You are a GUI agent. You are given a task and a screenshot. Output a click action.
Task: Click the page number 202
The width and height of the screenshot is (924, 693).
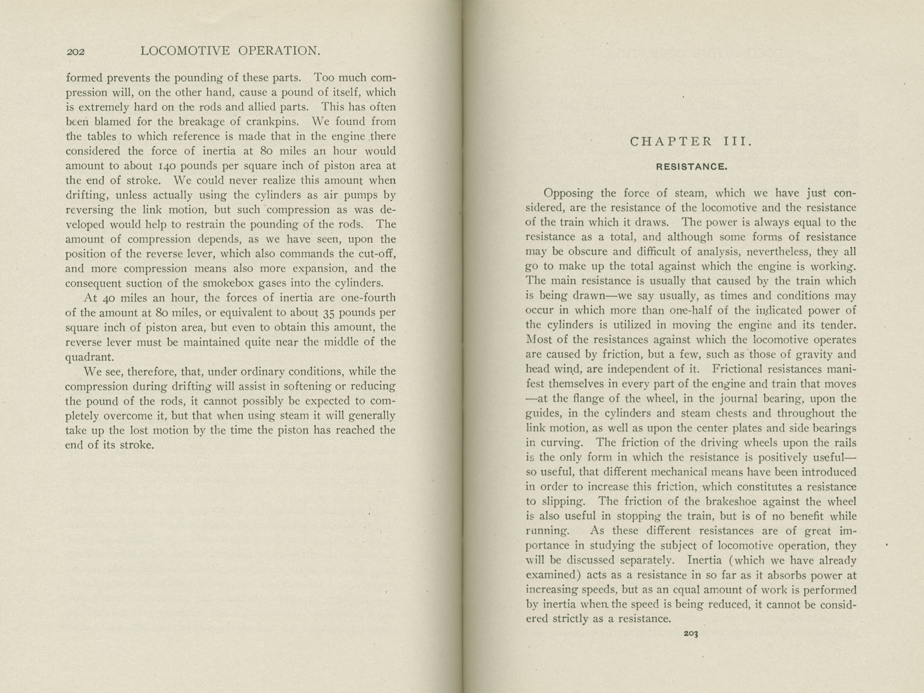[76, 52]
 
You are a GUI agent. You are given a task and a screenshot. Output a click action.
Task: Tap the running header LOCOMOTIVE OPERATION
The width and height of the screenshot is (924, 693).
[230, 51]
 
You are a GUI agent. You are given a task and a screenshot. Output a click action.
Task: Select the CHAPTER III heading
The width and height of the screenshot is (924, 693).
[691, 141]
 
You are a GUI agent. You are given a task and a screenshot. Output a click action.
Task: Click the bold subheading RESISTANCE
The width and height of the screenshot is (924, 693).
[691, 167]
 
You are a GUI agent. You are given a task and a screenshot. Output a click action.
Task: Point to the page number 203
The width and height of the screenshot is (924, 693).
[691, 634]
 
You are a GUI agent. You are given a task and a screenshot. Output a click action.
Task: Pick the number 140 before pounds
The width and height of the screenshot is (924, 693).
[173, 166]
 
